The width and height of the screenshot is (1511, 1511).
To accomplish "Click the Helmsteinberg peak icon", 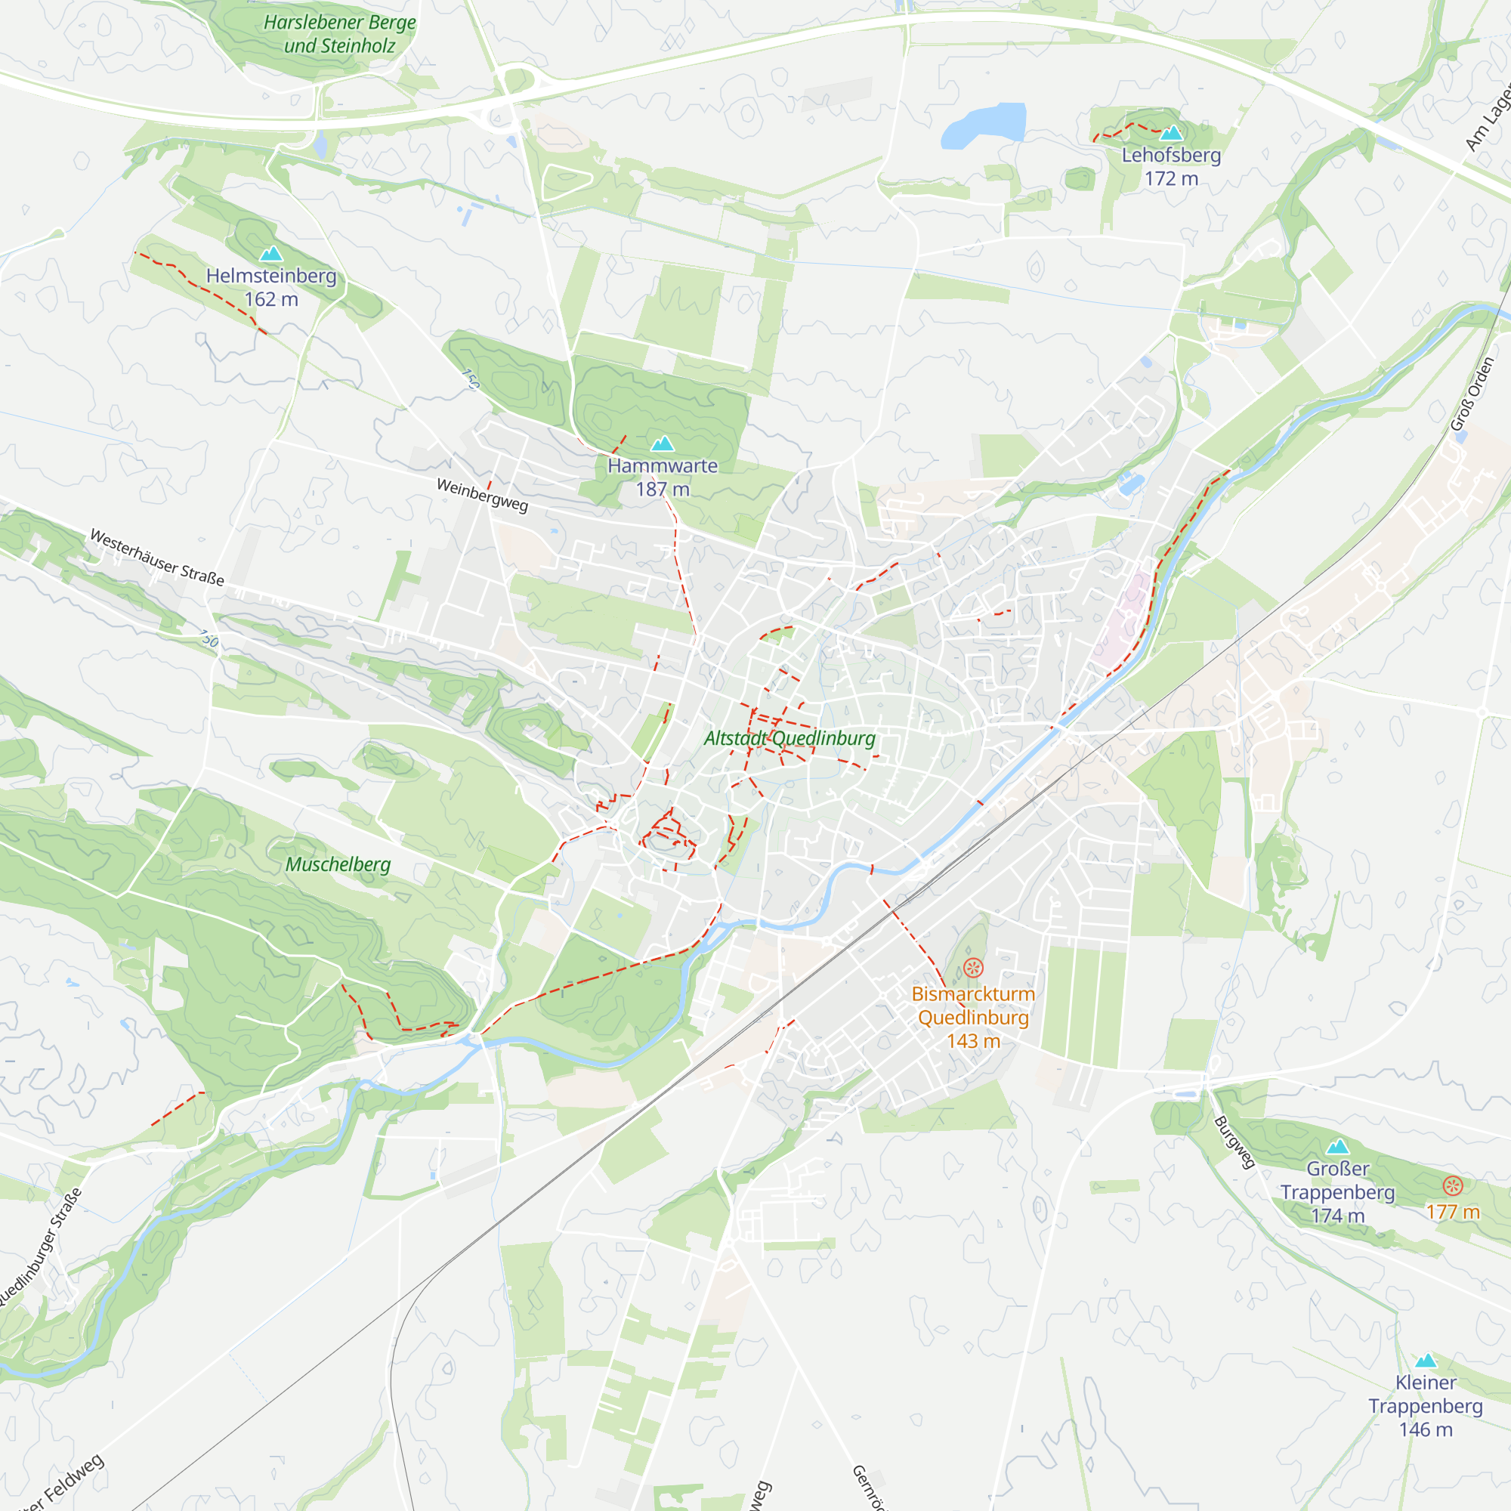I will (x=271, y=253).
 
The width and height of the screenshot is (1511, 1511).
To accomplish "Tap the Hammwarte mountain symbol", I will (x=663, y=444).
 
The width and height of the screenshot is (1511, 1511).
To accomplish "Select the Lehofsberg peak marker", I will (x=1171, y=133).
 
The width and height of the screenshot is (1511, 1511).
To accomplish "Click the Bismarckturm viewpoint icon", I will (x=973, y=969).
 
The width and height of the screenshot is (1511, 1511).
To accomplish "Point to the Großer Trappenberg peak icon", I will (x=1338, y=1147).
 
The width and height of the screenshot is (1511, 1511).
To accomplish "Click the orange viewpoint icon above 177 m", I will (x=1452, y=1185).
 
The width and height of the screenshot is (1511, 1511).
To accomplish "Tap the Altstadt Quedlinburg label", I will (x=790, y=738).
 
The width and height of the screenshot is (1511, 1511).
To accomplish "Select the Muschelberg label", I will (x=338, y=864).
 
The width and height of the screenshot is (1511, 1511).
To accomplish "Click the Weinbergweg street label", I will (x=483, y=495).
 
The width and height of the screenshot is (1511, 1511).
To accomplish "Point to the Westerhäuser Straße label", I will (x=157, y=558).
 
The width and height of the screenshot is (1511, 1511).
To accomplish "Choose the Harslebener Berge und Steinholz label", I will (x=339, y=34).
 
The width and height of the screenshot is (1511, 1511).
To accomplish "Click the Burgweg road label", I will (x=1234, y=1142).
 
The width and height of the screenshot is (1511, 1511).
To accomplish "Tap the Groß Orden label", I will (x=1472, y=394).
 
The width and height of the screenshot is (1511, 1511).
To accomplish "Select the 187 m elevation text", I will (x=663, y=490).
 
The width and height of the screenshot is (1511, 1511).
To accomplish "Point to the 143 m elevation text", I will (x=973, y=1041).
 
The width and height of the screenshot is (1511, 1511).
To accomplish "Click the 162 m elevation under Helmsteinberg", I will (x=271, y=299).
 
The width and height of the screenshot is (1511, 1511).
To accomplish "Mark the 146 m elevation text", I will (x=1426, y=1429).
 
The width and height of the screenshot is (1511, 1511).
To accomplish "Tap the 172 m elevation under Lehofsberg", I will (x=1171, y=179).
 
